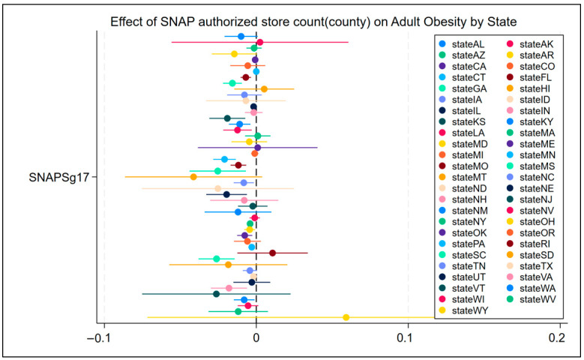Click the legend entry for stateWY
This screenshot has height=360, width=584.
pyautogui.click(x=464, y=310)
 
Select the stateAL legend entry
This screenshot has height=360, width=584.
pyautogui.click(x=462, y=44)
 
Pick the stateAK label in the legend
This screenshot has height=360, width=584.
pyautogui.click(x=530, y=44)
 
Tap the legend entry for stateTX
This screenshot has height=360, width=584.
pyautogui.click(x=530, y=266)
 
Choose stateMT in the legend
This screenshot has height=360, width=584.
pyautogui.click(x=463, y=178)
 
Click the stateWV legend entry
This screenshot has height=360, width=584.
pyautogui.click(x=531, y=299)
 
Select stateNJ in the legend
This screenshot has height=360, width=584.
pyautogui.click(x=529, y=199)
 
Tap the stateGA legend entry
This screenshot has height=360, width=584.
pyautogui.click(x=463, y=88)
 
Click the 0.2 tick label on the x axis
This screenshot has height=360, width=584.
pyautogui.click(x=557, y=338)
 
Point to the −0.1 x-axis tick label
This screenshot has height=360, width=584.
pyautogui.click(x=100, y=338)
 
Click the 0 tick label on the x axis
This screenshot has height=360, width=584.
pyautogui.click(x=256, y=338)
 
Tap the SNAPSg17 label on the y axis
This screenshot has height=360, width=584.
pyautogui.click(x=58, y=178)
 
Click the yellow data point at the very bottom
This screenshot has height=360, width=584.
pyautogui.click(x=346, y=317)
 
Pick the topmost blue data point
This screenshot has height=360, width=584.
pyautogui.click(x=241, y=37)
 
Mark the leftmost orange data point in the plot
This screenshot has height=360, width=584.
pyautogui.click(x=193, y=177)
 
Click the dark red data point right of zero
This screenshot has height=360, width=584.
pyautogui.click(x=272, y=253)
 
